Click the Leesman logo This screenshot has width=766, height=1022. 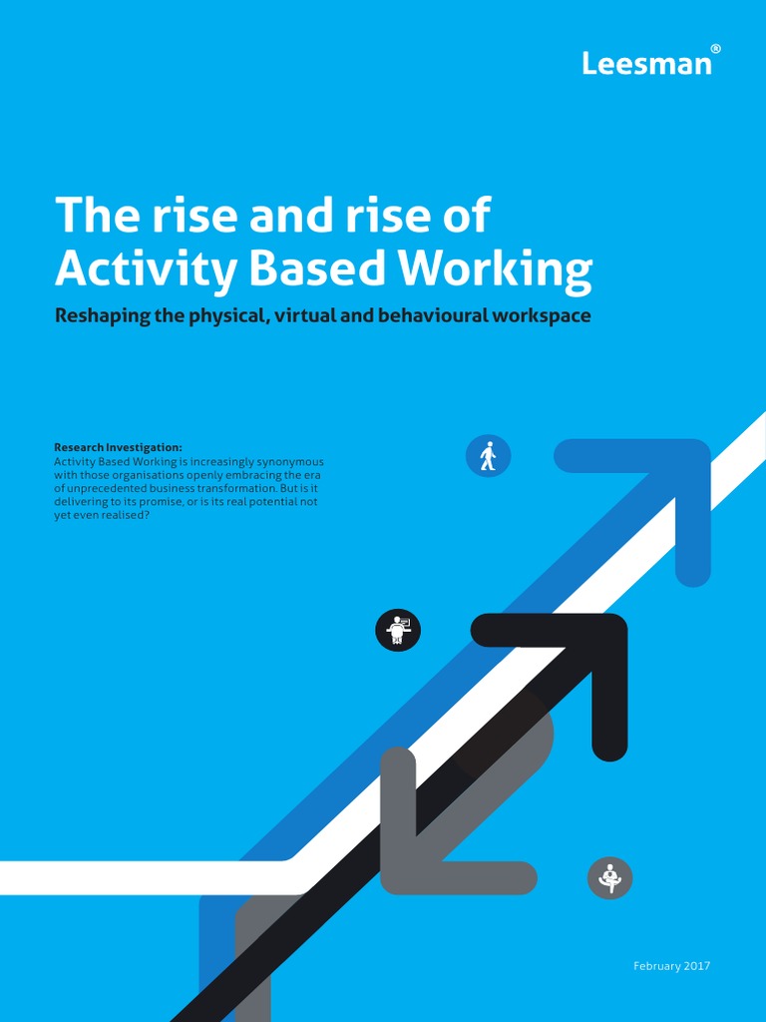646,64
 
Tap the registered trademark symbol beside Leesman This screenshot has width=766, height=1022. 715,49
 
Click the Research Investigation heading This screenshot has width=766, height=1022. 118,448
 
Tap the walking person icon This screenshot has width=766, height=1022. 488,456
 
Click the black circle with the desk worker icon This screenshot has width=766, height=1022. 398,631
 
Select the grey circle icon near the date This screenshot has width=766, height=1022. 609,878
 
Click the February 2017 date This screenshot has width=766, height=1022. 672,966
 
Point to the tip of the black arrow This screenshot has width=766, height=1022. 607,633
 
